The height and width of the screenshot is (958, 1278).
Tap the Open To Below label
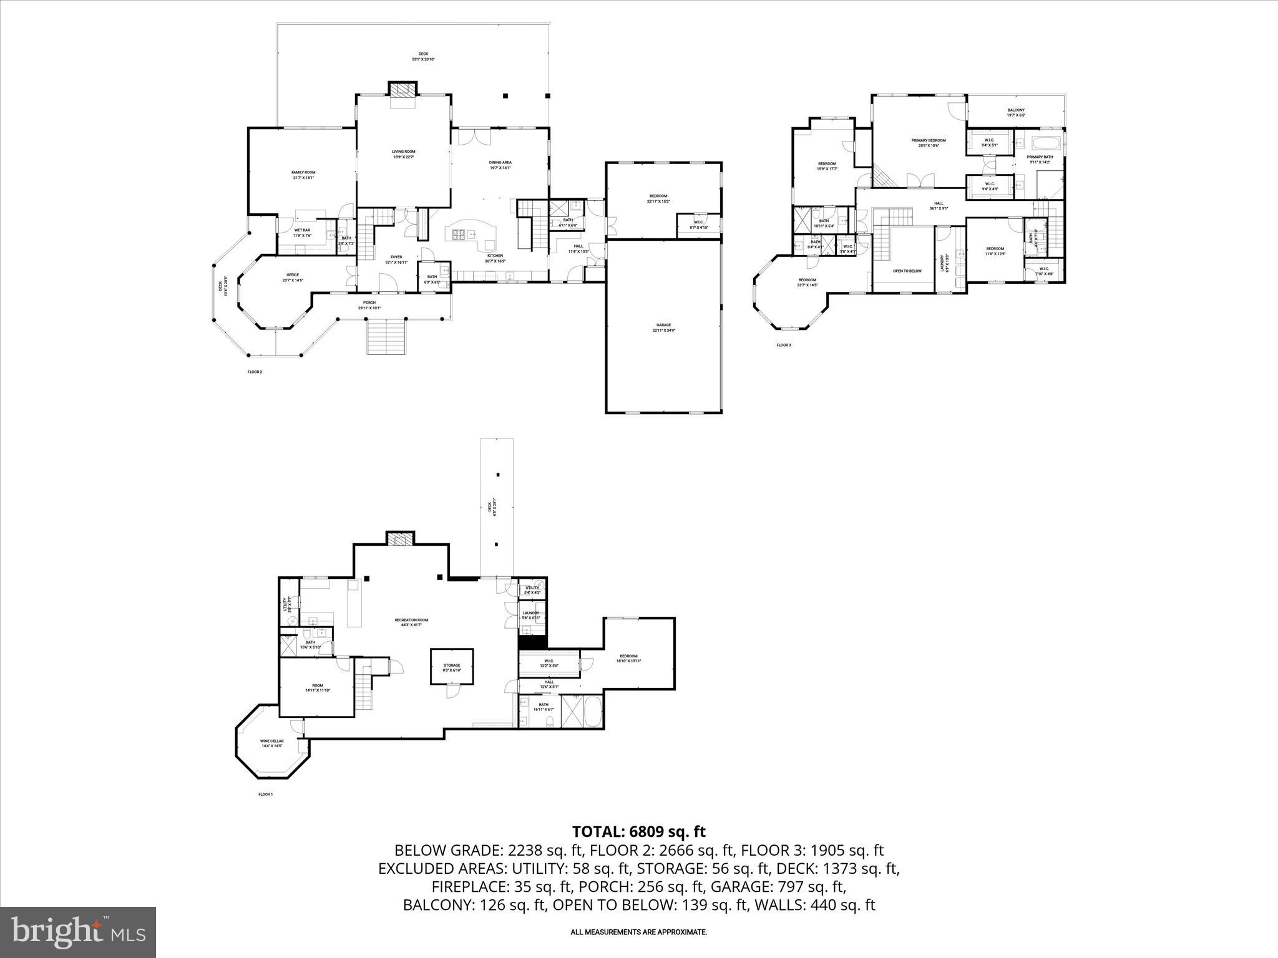(x=907, y=271)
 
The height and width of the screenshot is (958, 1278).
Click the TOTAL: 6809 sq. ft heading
(x=638, y=831)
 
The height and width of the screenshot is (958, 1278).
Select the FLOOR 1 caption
(x=265, y=795)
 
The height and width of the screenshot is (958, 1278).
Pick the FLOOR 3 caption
(x=783, y=345)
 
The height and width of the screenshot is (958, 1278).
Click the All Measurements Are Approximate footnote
(x=638, y=932)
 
